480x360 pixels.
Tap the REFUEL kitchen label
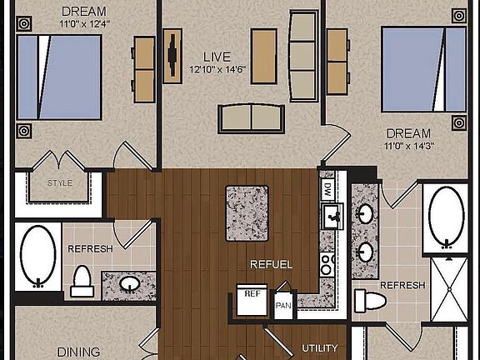pos(272,265)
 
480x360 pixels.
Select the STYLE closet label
pos(59,183)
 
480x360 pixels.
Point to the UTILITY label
pos(321,348)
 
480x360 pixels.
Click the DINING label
pos(78,352)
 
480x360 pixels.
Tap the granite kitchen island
pos(247,213)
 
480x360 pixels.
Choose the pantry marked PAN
pos(284,302)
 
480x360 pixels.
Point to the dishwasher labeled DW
pos(327,187)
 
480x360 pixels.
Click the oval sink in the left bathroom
pos(129,284)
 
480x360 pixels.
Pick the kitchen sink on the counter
pos(332,217)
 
